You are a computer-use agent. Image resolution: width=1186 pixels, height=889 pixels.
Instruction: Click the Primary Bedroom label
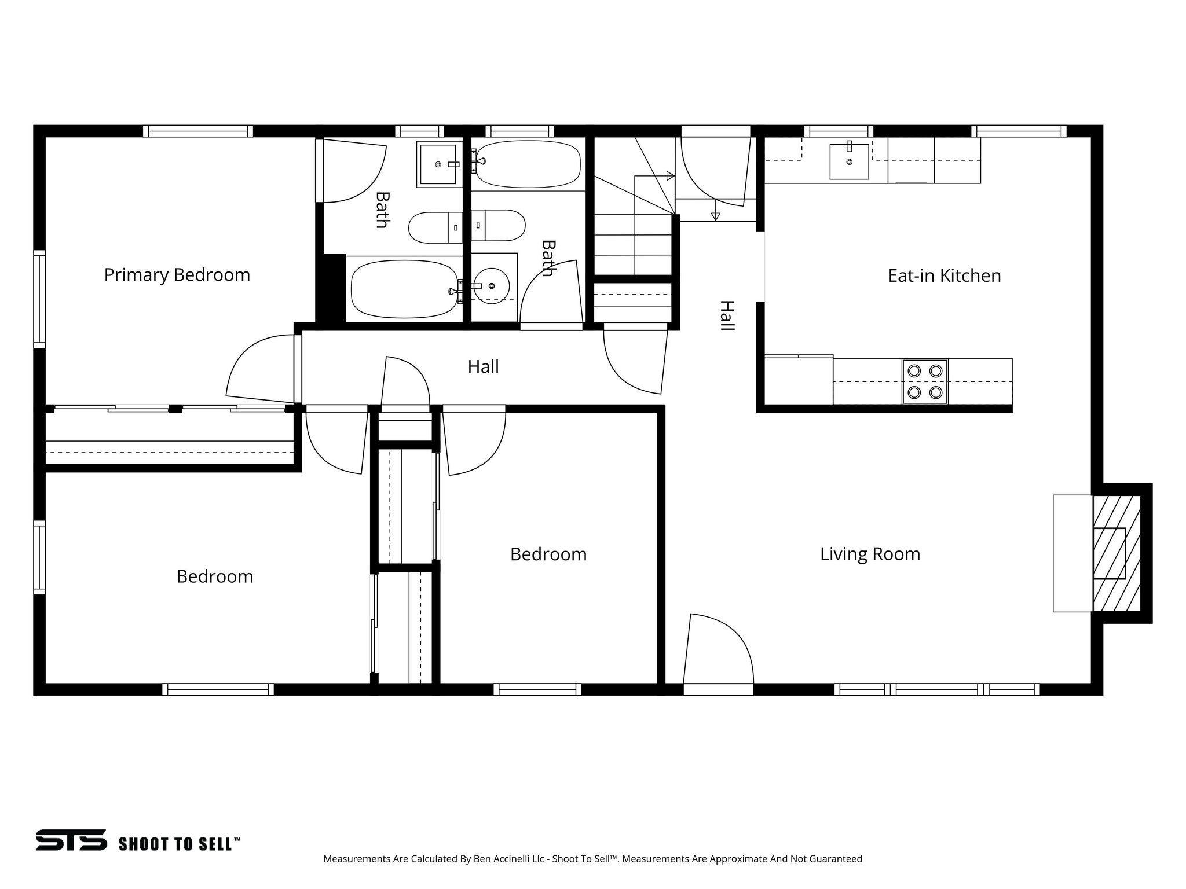click(x=177, y=274)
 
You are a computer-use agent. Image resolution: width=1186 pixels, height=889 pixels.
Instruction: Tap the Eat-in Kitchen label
click(x=944, y=275)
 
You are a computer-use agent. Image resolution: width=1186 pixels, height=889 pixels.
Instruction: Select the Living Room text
click(x=870, y=554)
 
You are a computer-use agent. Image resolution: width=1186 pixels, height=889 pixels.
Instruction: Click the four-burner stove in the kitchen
click(x=924, y=381)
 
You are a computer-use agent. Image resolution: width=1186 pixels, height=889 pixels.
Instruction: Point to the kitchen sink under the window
click(x=849, y=161)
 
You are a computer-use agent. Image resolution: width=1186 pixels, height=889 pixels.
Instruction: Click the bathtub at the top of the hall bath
click(x=527, y=164)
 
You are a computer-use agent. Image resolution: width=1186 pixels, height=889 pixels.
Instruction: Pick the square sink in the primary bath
click(x=438, y=164)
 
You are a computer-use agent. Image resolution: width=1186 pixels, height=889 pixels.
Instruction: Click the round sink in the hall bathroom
click(x=491, y=286)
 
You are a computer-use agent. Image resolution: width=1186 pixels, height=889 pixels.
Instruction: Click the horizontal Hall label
click(x=483, y=366)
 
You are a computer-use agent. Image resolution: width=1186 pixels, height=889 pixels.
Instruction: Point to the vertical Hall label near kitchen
click(x=727, y=315)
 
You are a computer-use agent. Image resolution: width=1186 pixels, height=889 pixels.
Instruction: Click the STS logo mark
click(x=71, y=840)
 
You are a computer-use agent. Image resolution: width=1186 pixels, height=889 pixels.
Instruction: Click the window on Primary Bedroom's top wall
click(x=198, y=131)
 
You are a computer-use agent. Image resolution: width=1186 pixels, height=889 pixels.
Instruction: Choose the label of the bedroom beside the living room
click(x=548, y=554)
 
